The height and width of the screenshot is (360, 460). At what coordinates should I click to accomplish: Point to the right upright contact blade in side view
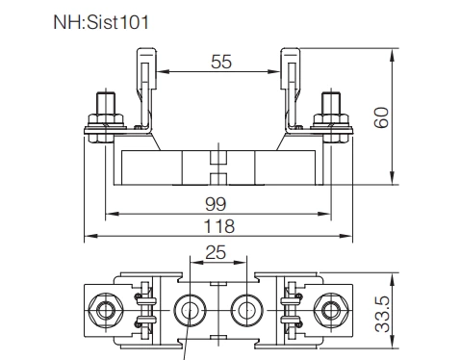click(x=289, y=87)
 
